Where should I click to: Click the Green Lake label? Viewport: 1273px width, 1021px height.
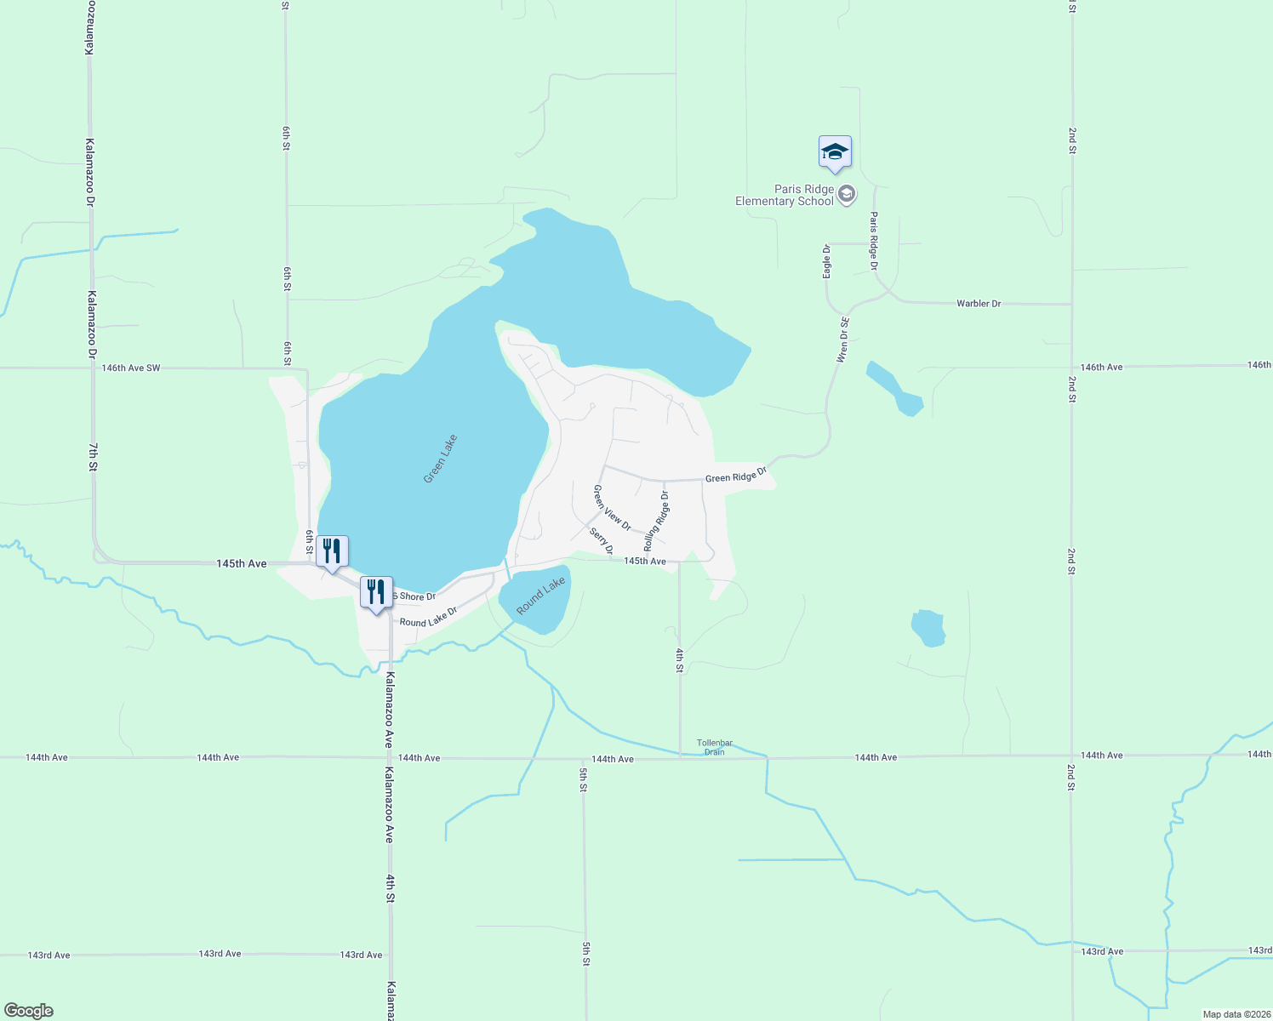(x=441, y=459)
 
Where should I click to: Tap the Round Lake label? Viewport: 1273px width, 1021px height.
(x=540, y=596)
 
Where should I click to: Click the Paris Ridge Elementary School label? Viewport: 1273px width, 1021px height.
(x=785, y=195)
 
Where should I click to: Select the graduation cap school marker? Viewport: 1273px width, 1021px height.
(x=835, y=153)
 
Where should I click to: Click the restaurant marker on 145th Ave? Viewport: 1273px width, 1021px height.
(x=332, y=552)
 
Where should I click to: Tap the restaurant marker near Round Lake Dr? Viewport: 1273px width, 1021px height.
(x=376, y=592)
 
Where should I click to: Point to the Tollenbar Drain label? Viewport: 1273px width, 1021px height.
(x=715, y=747)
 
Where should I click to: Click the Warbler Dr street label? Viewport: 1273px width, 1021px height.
(x=979, y=304)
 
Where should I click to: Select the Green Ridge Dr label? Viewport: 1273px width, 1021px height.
(x=736, y=475)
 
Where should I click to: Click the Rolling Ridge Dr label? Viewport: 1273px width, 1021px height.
(x=656, y=520)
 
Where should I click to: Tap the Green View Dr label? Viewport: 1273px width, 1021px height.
(x=612, y=508)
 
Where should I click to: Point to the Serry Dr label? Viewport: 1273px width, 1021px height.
(x=602, y=541)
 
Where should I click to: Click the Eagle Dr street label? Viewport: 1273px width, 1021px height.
(x=827, y=261)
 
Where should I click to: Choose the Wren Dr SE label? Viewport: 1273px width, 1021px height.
(x=842, y=340)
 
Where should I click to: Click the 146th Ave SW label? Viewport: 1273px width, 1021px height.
(x=131, y=368)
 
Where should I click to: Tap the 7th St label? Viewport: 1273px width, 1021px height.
(x=94, y=456)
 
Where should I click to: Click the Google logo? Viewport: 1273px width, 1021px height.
(x=29, y=1011)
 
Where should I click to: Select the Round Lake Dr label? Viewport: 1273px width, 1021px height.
(x=428, y=617)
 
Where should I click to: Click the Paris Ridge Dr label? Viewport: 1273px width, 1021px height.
(x=873, y=242)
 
